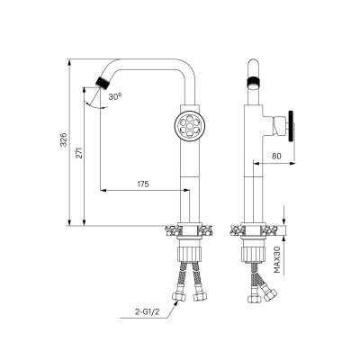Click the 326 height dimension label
pos(64,139)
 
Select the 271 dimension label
pos(79,153)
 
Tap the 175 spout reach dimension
pos(143,184)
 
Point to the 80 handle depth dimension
pos(275,157)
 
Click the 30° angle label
pos(115,96)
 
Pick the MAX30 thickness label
pos(277,260)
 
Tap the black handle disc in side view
pos(291,126)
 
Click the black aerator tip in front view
pos(103,82)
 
